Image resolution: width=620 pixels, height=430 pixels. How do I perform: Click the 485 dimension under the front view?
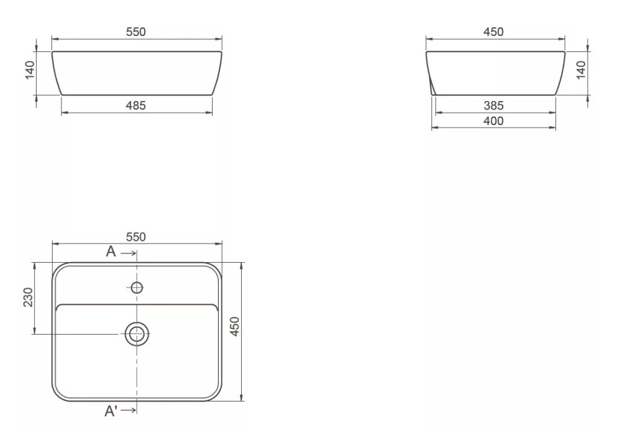coord(136,105)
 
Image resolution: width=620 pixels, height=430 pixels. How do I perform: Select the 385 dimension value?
coord(494,105)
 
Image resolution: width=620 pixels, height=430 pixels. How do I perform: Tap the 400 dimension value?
coord(494,121)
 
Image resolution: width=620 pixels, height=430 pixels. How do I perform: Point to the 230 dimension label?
coord(29,297)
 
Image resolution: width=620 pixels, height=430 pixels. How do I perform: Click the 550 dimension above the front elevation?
coord(136,32)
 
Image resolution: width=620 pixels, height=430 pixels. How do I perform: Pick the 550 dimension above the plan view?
coord(136,237)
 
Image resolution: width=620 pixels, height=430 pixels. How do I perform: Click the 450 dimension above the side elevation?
coord(494,32)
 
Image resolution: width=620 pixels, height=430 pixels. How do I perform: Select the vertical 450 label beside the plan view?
coord(235,327)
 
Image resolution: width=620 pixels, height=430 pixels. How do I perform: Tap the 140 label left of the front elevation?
coord(30,70)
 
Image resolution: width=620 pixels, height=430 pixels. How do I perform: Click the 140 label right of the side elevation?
coord(581,70)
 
